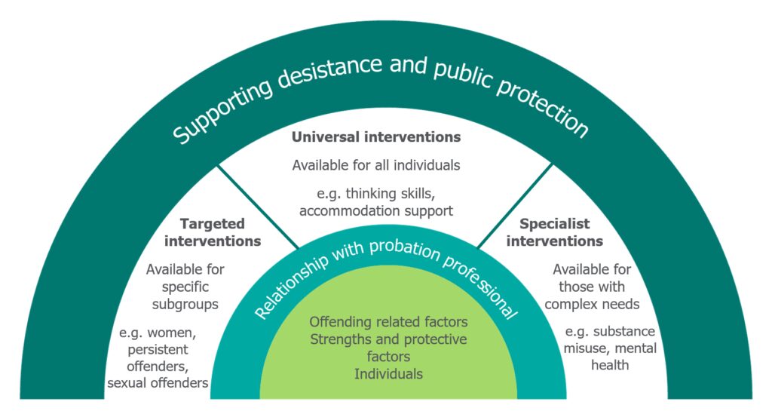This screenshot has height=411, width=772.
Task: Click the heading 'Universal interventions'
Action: pyautogui.click(x=376, y=137)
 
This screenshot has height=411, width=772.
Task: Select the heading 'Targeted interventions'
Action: pyautogui.click(x=213, y=232)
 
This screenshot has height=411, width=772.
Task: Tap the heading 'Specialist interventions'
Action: pyautogui.click(x=554, y=232)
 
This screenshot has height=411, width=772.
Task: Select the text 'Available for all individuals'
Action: pyautogui.click(x=376, y=164)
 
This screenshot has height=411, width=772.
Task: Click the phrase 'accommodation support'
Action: pyautogui.click(x=376, y=210)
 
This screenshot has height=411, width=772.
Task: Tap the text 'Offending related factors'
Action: pyautogui.click(x=388, y=322)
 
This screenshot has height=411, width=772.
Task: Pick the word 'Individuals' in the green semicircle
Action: pyautogui.click(x=388, y=373)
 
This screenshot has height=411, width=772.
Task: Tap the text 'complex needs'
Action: pyautogui.click(x=592, y=304)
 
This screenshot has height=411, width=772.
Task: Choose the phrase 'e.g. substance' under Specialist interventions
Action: pyautogui.click(x=609, y=332)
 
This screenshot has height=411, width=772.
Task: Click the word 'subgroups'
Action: pyautogui.click(x=185, y=304)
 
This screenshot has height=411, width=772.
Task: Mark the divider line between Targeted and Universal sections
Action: pyautogui.click(x=257, y=206)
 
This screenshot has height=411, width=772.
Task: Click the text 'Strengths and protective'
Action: pyautogui.click(x=388, y=339)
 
